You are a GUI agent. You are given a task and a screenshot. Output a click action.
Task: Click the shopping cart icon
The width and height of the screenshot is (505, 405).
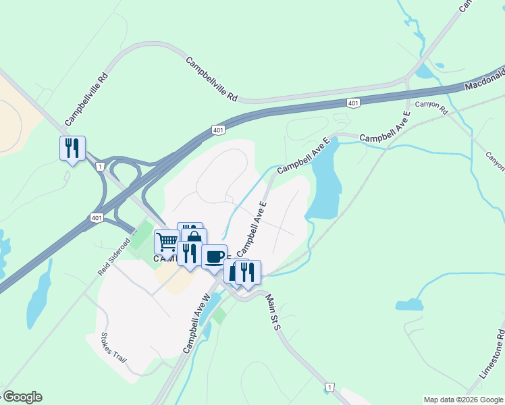click(x=166, y=241)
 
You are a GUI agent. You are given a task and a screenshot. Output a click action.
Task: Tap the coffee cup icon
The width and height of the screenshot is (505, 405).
click(x=214, y=256)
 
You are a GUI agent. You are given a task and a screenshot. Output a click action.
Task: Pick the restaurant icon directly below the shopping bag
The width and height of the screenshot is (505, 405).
click(x=188, y=253)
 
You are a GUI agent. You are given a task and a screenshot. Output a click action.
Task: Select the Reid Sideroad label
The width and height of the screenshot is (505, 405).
click(x=113, y=256)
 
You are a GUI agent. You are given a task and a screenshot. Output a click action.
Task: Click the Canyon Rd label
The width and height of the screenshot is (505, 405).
click(x=431, y=107)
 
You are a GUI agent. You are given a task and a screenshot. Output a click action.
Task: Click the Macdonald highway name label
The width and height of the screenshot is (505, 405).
click(x=484, y=80)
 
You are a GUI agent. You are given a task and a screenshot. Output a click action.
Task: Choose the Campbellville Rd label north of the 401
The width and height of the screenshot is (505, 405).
click(x=212, y=79)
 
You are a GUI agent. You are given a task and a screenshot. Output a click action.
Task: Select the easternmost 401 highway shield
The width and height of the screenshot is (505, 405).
click(x=354, y=103)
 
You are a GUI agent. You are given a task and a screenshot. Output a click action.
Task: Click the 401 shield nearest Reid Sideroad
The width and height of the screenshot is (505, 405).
click(x=96, y=217)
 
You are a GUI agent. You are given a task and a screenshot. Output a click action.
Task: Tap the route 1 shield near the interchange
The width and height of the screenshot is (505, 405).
click(x=100, y=166)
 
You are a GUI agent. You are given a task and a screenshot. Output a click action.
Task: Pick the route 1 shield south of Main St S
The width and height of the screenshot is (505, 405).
click(x=329, y=387)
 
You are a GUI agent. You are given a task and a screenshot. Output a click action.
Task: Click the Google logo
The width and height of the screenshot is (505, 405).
click(x=22, y=397)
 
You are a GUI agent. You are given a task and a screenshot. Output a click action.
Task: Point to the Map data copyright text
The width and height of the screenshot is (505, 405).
click(x=463, y=400)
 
